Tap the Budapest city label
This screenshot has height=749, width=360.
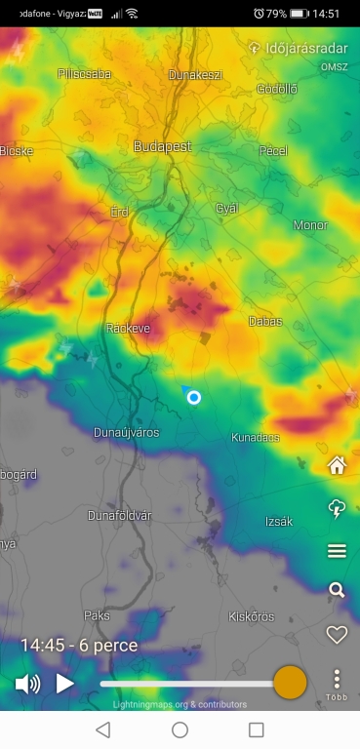coord(162,146)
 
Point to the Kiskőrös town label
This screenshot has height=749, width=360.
coord(251,616)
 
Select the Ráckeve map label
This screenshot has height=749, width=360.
coord(128,329)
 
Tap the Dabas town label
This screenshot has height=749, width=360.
coord(264,321)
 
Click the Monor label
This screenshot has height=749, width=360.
coord(310,225)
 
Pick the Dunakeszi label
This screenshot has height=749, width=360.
coord(195,74)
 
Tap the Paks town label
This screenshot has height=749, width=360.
coord(97,616)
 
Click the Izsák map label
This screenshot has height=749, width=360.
coord(279,522)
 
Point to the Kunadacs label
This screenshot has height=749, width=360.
coord(256,438)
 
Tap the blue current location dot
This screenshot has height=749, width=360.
coord(194,397)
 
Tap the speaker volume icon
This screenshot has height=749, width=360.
coord(27,684)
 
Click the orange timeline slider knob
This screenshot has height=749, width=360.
coord(290,683)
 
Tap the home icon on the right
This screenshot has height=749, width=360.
coord(337,465)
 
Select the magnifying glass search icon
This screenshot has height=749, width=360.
coord(337,590)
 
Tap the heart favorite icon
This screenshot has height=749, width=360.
coord(337,635)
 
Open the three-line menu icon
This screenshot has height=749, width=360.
coord(337,551)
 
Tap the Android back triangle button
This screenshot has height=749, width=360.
coord(102,729)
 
